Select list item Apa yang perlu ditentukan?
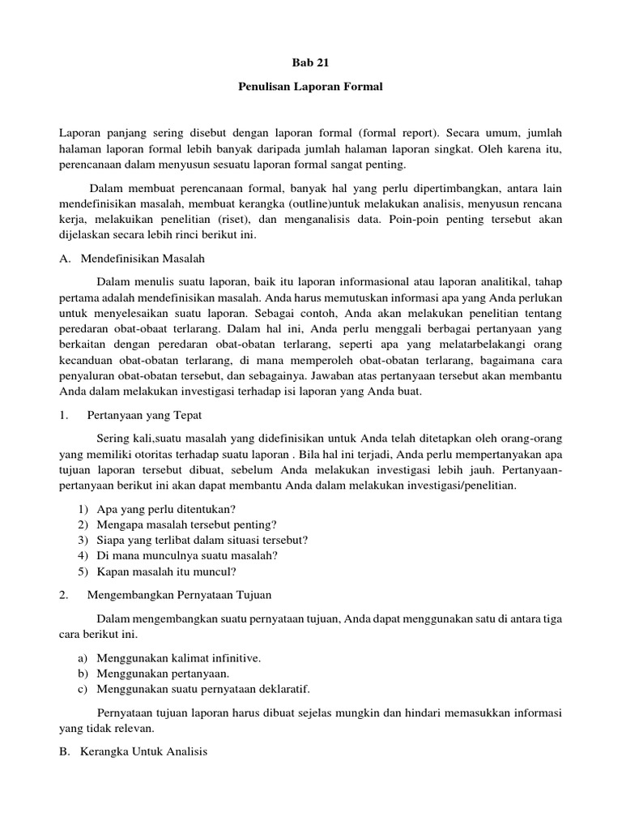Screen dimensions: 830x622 166,508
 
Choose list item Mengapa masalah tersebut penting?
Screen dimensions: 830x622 186,524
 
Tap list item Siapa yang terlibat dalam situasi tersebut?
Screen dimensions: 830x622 202,539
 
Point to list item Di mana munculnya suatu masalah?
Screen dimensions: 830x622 187,555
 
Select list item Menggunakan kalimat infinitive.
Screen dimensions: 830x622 178,657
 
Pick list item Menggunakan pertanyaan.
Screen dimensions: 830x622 163,673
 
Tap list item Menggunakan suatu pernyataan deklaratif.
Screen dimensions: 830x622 203,689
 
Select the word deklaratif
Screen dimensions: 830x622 284,689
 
